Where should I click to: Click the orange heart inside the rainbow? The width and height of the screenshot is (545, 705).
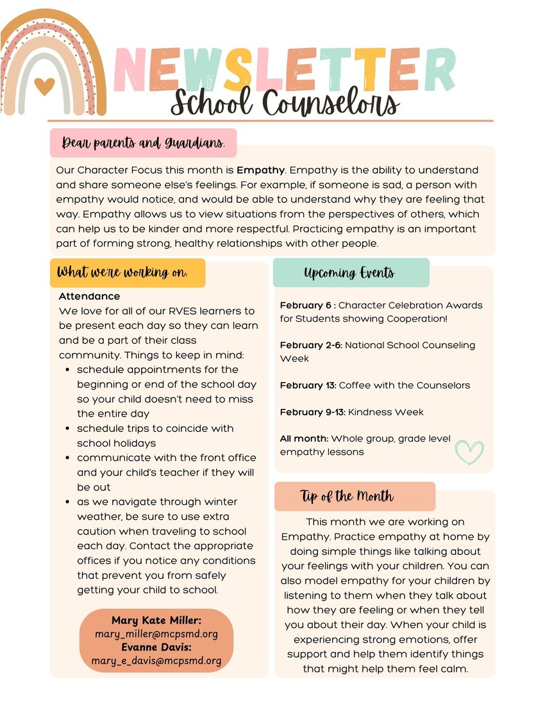pos(44,86)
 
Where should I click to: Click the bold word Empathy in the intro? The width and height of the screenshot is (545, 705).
pos(260,170)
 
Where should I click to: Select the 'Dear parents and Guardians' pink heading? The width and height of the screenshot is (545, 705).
pos(143,143)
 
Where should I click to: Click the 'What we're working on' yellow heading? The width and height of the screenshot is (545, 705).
pos(122,272)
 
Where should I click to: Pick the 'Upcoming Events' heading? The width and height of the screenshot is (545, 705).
pos(349,273)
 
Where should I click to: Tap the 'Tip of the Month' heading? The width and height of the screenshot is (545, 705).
pos(347,496)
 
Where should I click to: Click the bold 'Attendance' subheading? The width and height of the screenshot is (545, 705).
pos(89,296)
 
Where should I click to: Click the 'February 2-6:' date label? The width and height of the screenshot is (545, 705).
pos(312,345)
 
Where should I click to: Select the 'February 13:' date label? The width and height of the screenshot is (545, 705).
pos(308,385)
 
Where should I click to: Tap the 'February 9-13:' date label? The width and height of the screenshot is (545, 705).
pos(312,412)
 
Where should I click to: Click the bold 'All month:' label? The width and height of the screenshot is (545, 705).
pos(304,439)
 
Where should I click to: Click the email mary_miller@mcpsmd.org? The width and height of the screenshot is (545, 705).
pos(156,634)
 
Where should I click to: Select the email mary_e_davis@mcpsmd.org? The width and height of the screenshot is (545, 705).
pos(156,661)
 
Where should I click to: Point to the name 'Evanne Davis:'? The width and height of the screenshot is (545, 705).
pos(156,647)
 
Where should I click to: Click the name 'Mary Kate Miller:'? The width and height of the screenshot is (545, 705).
pos(156,620)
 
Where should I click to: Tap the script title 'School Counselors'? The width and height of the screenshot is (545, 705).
pos(285,103)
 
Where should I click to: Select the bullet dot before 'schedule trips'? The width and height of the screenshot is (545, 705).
pos(68,428)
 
